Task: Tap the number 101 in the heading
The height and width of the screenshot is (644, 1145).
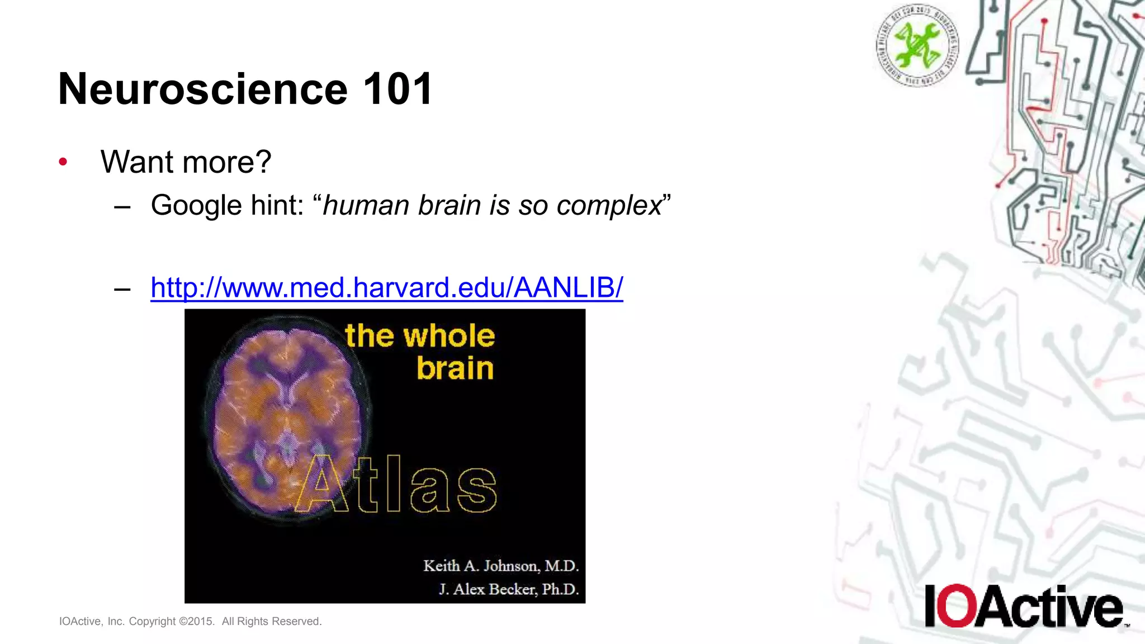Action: tap(398, 89)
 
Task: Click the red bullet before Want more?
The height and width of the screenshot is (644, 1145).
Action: tap(63, 162)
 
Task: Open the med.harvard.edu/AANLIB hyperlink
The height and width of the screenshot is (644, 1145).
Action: tap(386, 288)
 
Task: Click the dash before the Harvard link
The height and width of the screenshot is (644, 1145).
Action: tap(122, 289)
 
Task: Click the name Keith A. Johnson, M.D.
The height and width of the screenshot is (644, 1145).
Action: tap(500, 566)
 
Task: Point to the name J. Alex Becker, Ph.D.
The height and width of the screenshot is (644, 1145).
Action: tap(508, 589)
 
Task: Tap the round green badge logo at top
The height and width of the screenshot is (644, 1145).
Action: tap(917, 45)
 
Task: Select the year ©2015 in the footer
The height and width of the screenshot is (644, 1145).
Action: tap(196, 622)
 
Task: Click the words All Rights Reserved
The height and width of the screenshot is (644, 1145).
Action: tap(272, 622)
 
